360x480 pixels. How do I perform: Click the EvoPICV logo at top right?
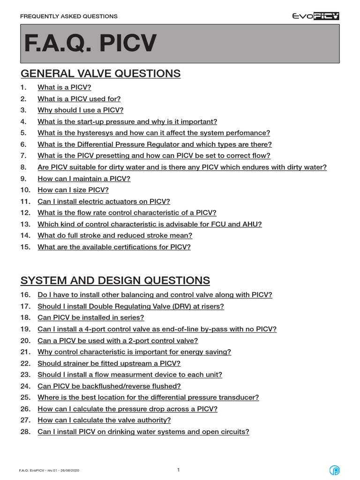coord(315,16)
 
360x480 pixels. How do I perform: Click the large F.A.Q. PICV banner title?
coord(90,44)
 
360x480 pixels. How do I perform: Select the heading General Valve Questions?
coord(100,74)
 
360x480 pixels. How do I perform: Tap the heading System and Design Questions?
coord(115,281)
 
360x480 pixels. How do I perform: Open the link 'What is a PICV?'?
coord(64,88)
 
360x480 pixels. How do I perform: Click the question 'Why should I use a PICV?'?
coord(80,110)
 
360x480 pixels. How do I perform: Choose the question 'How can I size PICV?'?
coord(73,190)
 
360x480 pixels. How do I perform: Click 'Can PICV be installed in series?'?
coord(91,317)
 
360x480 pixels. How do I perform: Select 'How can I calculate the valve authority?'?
coord(104,420)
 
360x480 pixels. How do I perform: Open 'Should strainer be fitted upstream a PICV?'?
coord(109,363)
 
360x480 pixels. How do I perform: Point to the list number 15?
coord(25,247)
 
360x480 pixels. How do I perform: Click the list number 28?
coord(25,432)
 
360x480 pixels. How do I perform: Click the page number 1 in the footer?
coord(179,470)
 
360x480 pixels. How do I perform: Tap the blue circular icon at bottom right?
coord(334,470)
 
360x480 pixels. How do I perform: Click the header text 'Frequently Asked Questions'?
coord(69,16)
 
